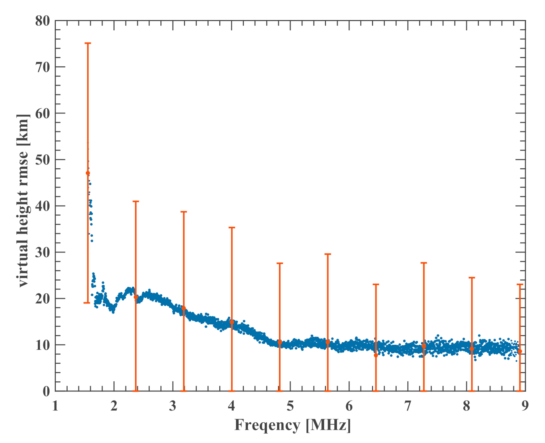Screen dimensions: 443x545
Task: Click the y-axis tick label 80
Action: (43, 21)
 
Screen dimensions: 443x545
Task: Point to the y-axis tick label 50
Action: (43, 160)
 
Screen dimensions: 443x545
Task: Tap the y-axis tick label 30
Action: (43, 252)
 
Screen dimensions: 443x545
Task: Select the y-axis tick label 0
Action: (46, 391)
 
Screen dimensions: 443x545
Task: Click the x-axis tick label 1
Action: (55, 406)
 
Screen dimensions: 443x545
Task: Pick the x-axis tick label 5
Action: (290, 406)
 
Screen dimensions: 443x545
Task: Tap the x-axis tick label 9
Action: (525, 406)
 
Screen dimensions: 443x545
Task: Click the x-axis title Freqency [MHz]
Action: (292, 425)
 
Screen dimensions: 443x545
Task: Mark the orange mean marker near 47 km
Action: (88, 173)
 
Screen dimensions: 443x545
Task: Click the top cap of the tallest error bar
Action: (88, 43)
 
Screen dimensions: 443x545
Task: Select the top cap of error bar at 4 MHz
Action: (232, 228)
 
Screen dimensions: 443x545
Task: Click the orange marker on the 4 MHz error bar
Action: (232, 322)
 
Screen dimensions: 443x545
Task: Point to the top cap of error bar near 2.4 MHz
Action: (136, 202)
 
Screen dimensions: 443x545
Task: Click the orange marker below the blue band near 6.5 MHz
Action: (376, 355)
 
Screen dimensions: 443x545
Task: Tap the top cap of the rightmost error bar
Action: (520, 284)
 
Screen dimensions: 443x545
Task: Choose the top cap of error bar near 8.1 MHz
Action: (472, 278)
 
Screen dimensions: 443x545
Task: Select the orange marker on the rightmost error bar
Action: (520, 351)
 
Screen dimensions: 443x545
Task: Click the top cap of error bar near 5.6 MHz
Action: (328, 254)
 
